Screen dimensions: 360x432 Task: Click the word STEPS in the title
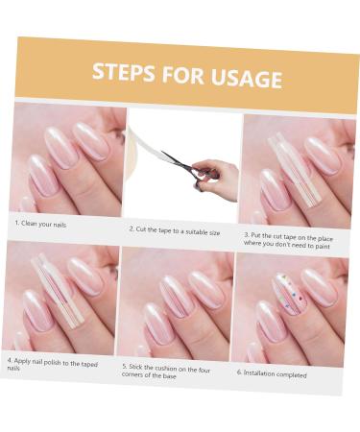point(123,72)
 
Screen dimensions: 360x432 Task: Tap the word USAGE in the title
point(247,78)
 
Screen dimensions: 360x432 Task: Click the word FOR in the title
point(182,75)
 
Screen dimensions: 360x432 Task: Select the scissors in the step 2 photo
point(188,169)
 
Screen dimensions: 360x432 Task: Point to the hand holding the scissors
point(218,177)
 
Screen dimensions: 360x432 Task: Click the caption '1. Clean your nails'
point(40,224)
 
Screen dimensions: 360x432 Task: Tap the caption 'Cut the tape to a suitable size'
point(178,231)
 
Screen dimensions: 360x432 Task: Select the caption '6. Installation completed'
point(272,373)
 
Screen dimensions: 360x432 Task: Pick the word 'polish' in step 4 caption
point(53,363)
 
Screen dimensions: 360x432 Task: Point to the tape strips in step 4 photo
point(58,290)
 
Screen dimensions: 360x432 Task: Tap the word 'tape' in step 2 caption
point(165,230)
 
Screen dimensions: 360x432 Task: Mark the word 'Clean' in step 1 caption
point(29,223)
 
